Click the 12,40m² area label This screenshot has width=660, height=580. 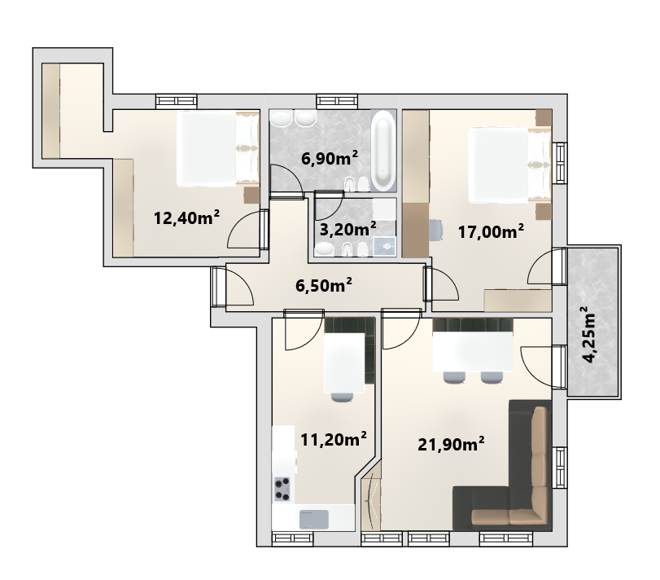pos(186,217)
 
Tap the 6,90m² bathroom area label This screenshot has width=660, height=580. pos(330,158)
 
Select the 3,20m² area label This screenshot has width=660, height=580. pos(348,230)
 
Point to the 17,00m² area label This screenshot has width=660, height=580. pos(491,231)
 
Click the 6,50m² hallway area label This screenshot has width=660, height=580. pos(324,285)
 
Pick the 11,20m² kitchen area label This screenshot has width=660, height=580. pos(334,440)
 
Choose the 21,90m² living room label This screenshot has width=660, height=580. pos(451,444)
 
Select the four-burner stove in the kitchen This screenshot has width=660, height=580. pos(282,489)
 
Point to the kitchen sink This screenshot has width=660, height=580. pos(313,519)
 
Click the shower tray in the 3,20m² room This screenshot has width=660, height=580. pos(385,246)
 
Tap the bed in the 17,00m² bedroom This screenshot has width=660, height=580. pos(509,165)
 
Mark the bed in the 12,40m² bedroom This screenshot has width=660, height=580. pos(217,149)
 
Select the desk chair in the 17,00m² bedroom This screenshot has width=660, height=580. pos(436,230)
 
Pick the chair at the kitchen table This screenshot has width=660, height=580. pos(342,397)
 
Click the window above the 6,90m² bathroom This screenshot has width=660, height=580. pos(337,101)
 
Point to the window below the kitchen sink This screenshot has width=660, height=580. pos(292,538)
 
